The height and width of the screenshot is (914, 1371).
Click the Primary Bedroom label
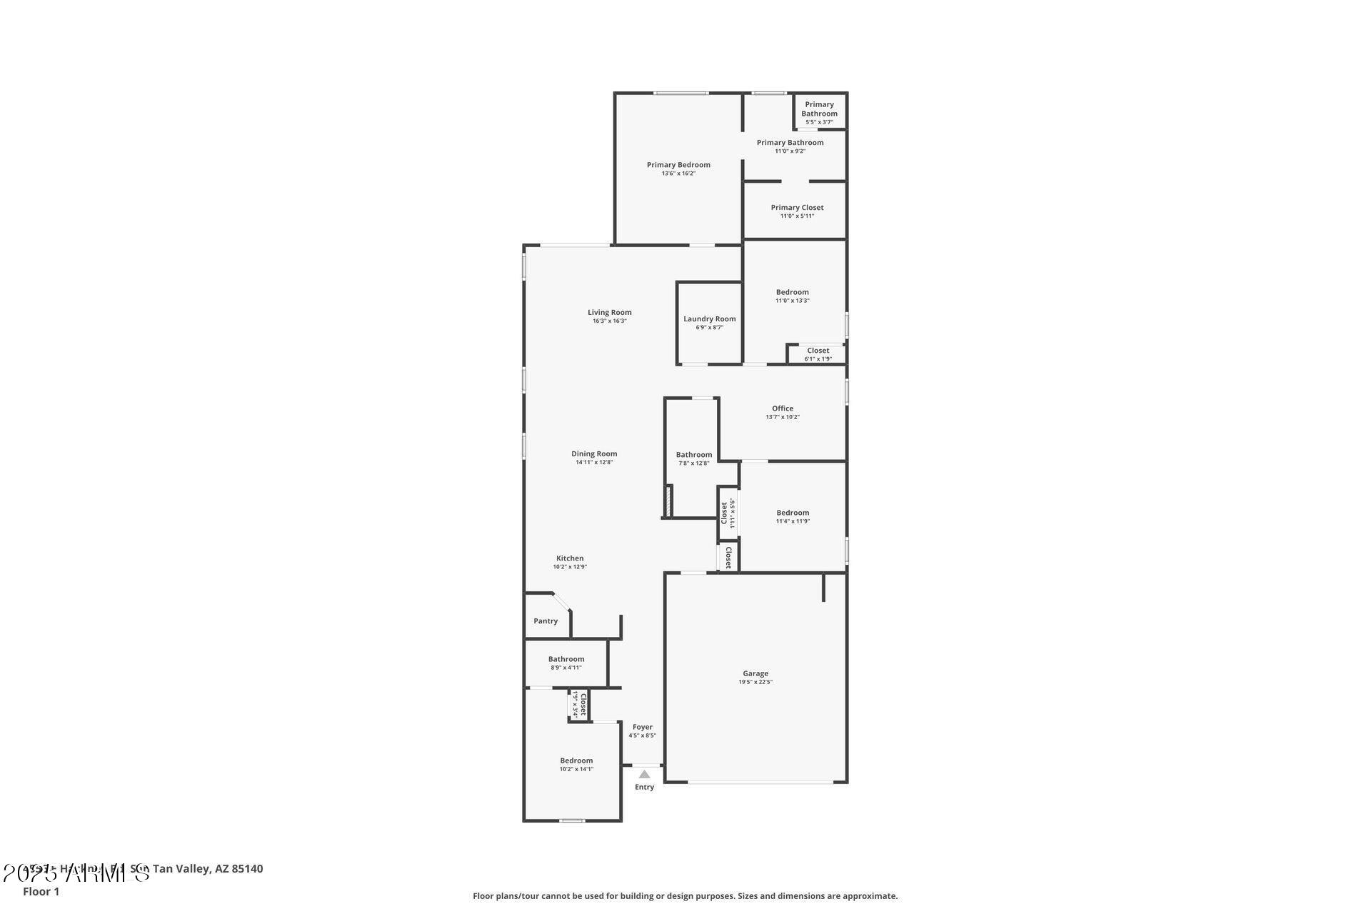tap(678, 165)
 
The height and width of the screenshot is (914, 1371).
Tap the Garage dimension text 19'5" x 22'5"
tap(755, 682)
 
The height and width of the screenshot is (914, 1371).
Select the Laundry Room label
tap(709, 319)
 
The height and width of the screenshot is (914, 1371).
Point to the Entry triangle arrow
tap(644, 774)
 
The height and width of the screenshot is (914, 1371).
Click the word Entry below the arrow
tap(644, 787)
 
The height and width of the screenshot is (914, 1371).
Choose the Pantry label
tap(546, 621)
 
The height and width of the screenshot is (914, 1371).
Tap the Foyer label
tap(642, 727)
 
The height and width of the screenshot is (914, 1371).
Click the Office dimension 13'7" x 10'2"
tap(783, 417)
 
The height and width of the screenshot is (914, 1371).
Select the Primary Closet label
tap(797, 208)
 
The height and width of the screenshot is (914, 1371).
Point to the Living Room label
tap(609, 312)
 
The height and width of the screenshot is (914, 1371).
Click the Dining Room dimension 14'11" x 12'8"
tap(594, 462)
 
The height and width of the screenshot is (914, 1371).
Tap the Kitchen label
tap(570, 558)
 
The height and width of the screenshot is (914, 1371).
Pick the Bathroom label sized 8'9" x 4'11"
tap(566, 659)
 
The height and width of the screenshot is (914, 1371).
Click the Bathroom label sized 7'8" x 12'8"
tap(693, 455)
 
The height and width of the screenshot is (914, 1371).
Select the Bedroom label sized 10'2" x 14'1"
tap(576, 760)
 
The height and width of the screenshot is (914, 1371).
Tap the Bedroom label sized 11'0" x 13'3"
tap(792, 292)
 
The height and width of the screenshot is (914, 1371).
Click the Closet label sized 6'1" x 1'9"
tap(818, 351)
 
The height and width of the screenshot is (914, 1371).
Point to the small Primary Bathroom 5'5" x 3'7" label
tap(819, 109)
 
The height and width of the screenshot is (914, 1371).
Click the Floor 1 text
tap(41, 891)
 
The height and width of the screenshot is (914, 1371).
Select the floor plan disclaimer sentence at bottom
tap(685, 895)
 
